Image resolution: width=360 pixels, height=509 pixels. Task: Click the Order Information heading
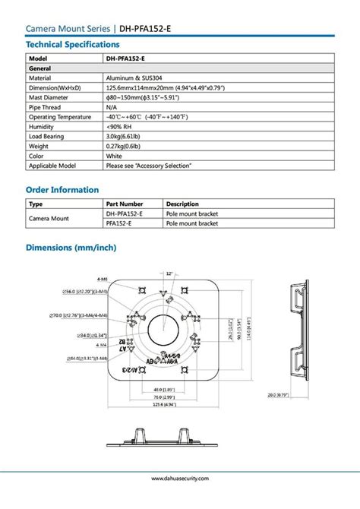pyautogui.click(x=62, y=190)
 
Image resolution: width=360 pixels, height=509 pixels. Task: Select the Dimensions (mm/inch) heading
pyautogui.click(x=71, y=248)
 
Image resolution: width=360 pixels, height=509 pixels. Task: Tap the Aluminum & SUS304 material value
pyautogui.click(x=133, y=77)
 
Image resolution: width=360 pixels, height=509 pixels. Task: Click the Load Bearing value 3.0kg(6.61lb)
pyautogui.click(x=127, y=137)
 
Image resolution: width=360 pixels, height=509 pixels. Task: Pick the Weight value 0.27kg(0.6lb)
pyautogui.click(x=127, y=146)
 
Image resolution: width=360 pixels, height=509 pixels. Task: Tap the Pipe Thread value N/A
pyautogui.click(x=112, y=107)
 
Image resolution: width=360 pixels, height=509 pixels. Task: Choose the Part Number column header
pyautogui.click(x=125, y=204)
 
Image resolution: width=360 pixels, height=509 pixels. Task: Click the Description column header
pyautogui.click(x=182, y=204)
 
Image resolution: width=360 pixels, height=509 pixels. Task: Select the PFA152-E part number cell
pyautogui.click(x=119, y=224)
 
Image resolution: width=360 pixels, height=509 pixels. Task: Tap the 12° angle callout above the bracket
pyautogui.click(x=170, y=273)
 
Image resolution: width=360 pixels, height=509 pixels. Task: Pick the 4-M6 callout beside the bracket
pyautogui.click(x=103, y=279)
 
